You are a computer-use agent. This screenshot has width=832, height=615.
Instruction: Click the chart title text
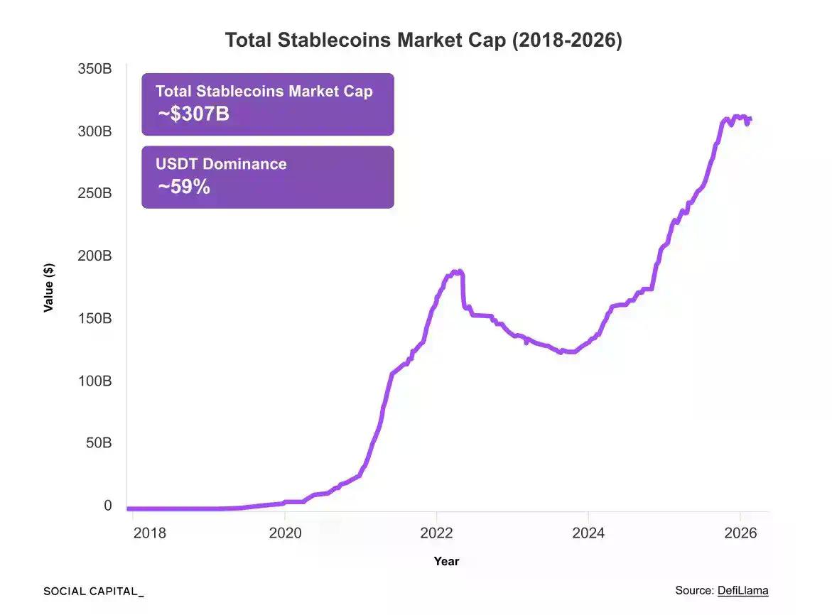coord(423,40)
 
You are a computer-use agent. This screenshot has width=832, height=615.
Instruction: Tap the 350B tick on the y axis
coord(94,70)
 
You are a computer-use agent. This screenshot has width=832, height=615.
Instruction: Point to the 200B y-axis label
coord(94,256)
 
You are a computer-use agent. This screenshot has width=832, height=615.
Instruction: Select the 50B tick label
coord(97,443)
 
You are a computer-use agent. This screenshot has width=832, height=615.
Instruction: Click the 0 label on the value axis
coord(108,506)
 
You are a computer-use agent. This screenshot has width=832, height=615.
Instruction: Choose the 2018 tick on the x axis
coord(149,533)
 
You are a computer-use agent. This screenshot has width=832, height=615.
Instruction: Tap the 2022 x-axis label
coord(436,533)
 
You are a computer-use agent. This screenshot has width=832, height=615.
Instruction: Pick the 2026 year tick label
coord(740,533)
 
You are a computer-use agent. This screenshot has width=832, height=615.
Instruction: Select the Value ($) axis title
coord(48,288)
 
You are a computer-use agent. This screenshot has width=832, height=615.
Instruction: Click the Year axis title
coord(446,561)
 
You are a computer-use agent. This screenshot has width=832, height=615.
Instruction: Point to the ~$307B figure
coord(193,114)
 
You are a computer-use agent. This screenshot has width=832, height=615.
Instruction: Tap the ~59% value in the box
coord(183,187)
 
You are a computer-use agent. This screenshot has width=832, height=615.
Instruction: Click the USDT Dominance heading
coord(221,164)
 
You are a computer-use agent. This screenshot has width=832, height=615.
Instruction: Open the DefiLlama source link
coord(742,590)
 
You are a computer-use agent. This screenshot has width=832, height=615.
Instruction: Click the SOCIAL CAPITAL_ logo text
coord(93,591)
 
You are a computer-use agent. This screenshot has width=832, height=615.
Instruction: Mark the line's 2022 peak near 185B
coord(458,271)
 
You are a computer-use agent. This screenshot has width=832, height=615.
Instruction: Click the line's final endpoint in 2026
coord(750,119)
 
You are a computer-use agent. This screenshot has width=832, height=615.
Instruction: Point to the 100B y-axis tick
coord(94,381)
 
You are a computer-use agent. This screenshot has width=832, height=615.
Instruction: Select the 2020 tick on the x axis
coord(284,533)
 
